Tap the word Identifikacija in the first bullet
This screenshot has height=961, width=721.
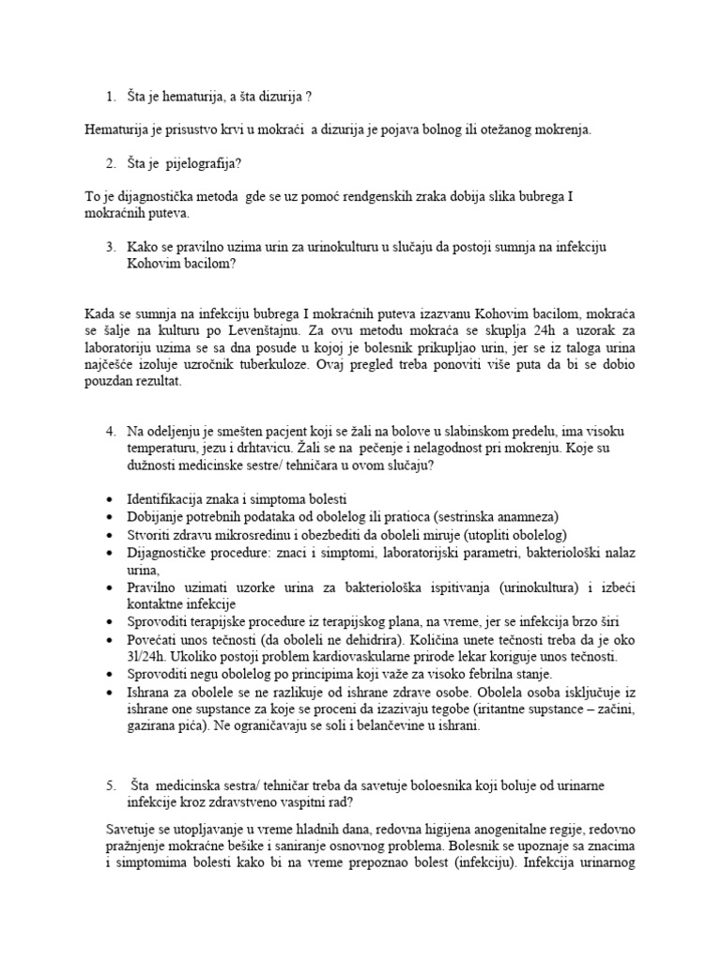pyautogui.click(x=168, y=499)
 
